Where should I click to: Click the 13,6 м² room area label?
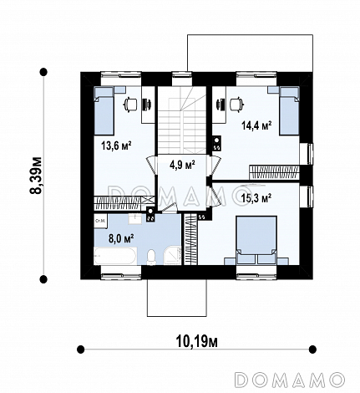(117, 145)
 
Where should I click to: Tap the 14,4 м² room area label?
(256, 125)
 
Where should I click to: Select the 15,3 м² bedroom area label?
(256, 198)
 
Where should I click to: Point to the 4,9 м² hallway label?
(182, 165)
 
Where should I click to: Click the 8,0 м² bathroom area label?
(121, 239)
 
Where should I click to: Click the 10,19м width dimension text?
(197, 341)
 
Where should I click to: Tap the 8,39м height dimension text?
(36, 175)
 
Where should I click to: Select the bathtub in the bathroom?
(115, 256)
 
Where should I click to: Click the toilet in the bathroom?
(152, 257)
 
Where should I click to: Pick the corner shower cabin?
(172, 256)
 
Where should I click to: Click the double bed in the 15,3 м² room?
(256, 240)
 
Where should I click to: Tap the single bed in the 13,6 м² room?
(104, 110)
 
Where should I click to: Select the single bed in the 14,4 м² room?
(289, 110)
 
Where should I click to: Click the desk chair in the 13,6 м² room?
(130, 105)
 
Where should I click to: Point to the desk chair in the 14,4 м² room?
(236, 105)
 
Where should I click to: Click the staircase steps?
(182, 120)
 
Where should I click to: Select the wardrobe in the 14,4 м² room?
(274, 172)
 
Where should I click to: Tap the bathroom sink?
(135, 219)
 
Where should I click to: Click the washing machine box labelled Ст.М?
(100, 222)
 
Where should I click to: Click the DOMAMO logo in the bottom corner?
(290, 380)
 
